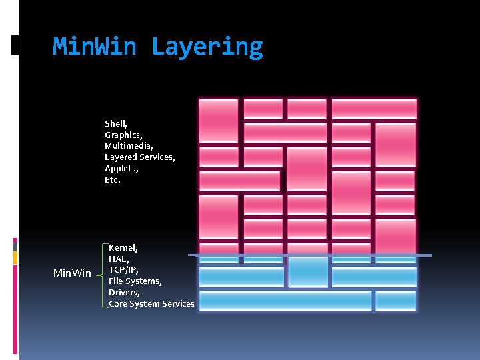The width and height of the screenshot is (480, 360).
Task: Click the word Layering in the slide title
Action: (x=207, y=47)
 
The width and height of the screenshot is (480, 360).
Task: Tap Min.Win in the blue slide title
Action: (x=95, y=47)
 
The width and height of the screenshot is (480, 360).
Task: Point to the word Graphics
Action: (x=123, y=135)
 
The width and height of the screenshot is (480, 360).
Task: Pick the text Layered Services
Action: (x=139, y=157)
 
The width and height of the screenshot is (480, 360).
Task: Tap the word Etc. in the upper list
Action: (x=113, y=179)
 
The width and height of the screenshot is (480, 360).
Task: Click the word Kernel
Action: (x=123, y=247)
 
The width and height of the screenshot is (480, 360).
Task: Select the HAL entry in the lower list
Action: (x=118, y=259)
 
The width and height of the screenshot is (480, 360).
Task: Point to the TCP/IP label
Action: (x=123, y=270)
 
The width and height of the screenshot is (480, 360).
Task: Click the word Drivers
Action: (x=125, y=293)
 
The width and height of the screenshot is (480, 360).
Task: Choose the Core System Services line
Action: (x=151, y=304)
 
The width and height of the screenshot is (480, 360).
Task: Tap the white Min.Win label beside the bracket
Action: (x=72, y=273)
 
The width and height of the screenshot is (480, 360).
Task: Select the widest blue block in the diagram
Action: (x=285, y=301)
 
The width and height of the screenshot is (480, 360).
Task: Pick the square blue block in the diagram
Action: (x=307, y=272)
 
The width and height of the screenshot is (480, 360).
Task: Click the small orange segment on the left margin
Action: (x=15, y=257)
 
